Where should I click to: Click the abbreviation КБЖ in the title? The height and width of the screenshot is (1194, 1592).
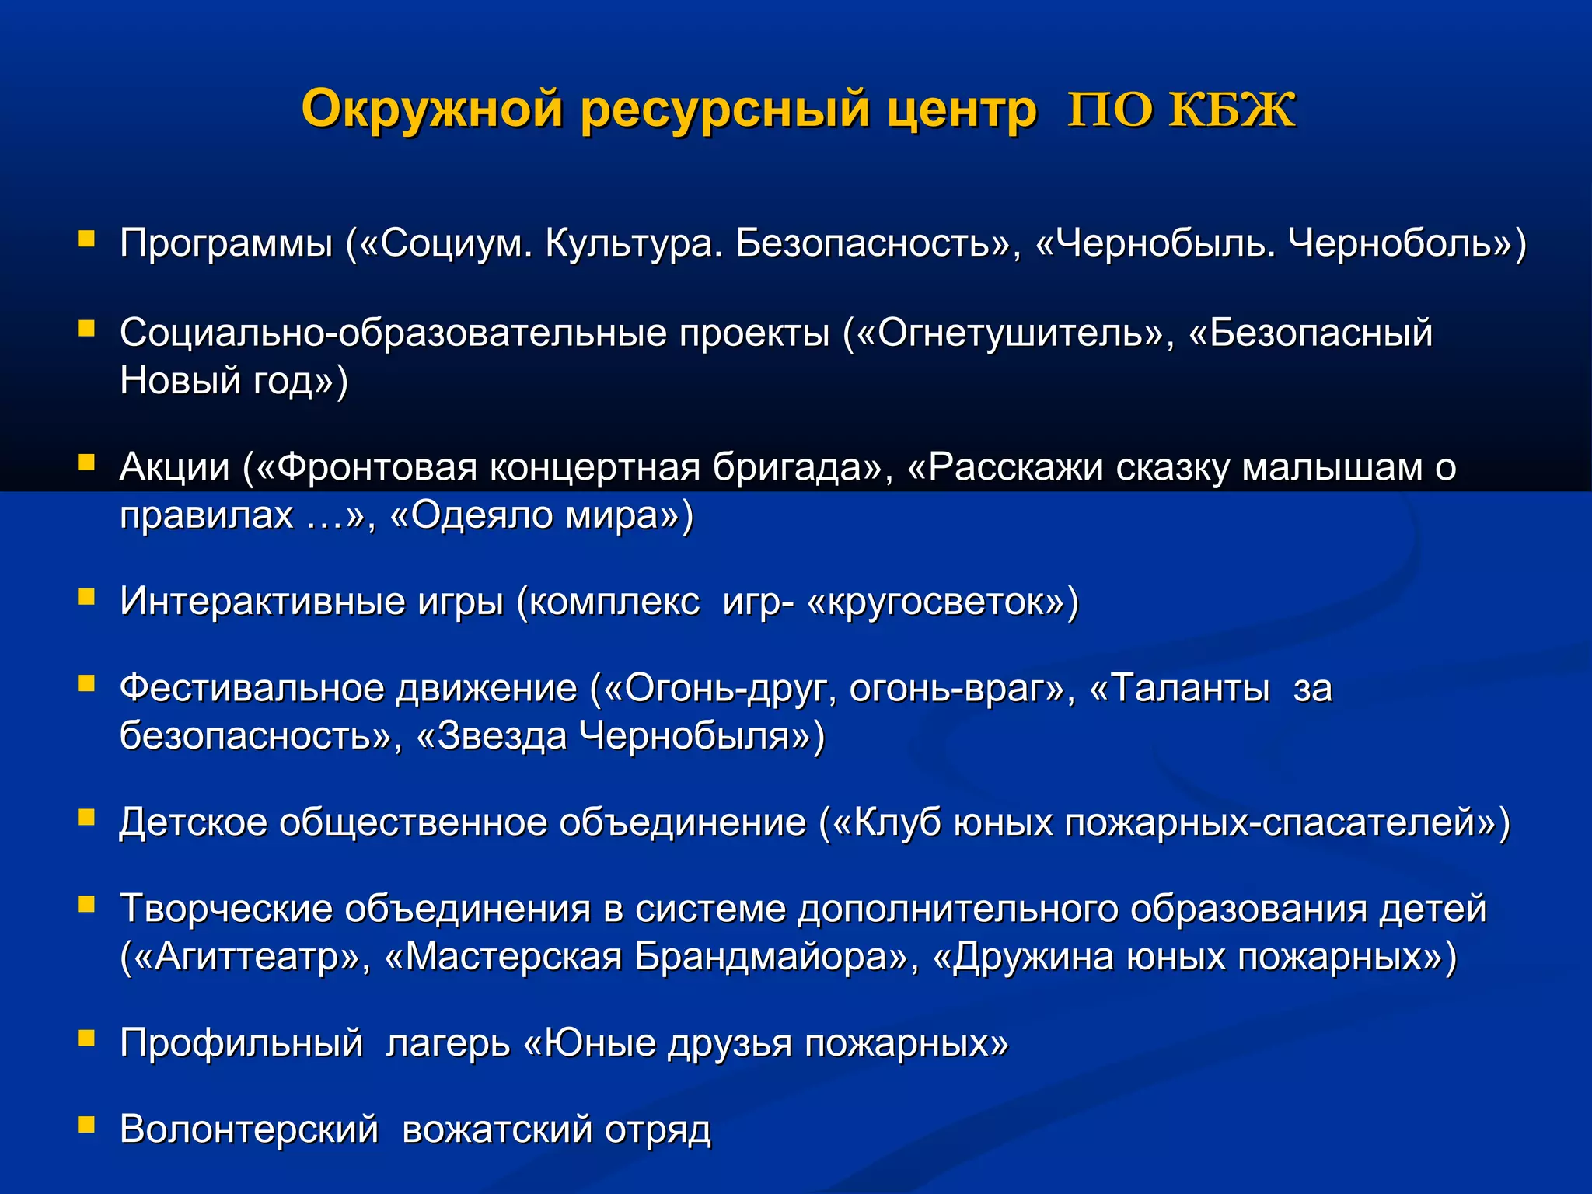1233,110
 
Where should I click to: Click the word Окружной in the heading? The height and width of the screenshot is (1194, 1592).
431,110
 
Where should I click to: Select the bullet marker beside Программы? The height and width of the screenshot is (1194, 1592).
86,238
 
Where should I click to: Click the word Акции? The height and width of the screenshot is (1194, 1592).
175,467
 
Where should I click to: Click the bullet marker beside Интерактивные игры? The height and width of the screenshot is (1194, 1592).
86,596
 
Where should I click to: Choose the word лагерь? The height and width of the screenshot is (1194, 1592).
448,1044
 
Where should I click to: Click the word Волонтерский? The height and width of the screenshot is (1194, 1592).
249,1129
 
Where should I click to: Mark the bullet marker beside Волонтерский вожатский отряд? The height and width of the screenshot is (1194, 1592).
86,1125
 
